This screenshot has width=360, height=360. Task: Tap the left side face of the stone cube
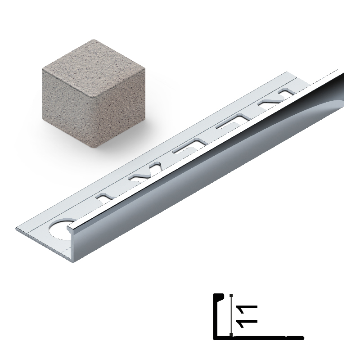click(x=68, y=108)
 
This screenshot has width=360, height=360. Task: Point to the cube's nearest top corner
click(x=94, y=96)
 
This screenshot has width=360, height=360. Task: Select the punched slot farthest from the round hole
click(x=287, y=92)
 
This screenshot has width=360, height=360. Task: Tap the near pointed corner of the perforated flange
click(x=16, y=229)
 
